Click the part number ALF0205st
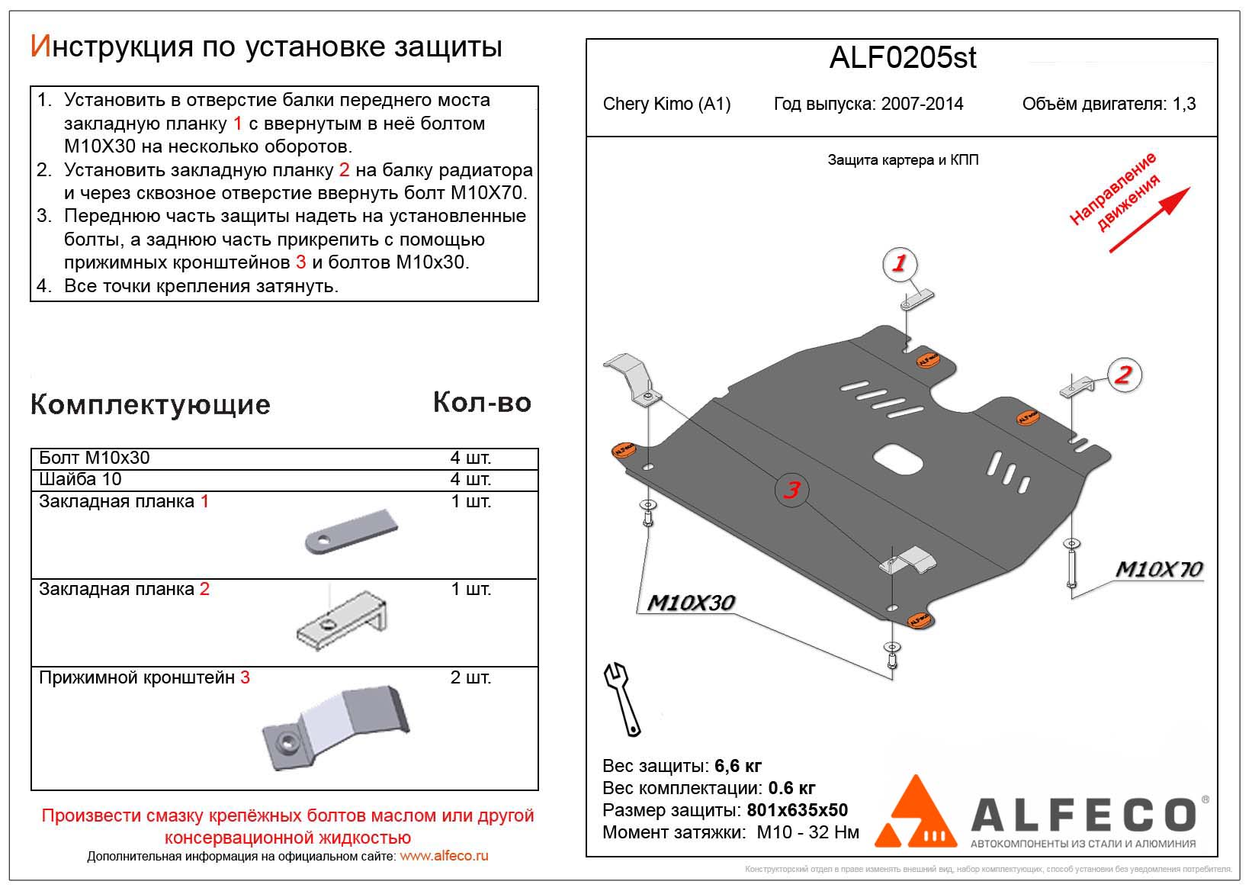902,59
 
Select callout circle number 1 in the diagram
899,264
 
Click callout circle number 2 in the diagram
1123,375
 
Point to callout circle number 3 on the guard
791,489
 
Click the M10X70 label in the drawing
1158,570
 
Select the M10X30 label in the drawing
690,603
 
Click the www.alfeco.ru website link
444,856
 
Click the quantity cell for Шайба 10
470,479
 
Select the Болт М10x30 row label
95,458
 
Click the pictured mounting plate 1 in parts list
352,532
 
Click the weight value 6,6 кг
738,766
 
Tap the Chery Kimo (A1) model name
666,105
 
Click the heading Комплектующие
150,404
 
